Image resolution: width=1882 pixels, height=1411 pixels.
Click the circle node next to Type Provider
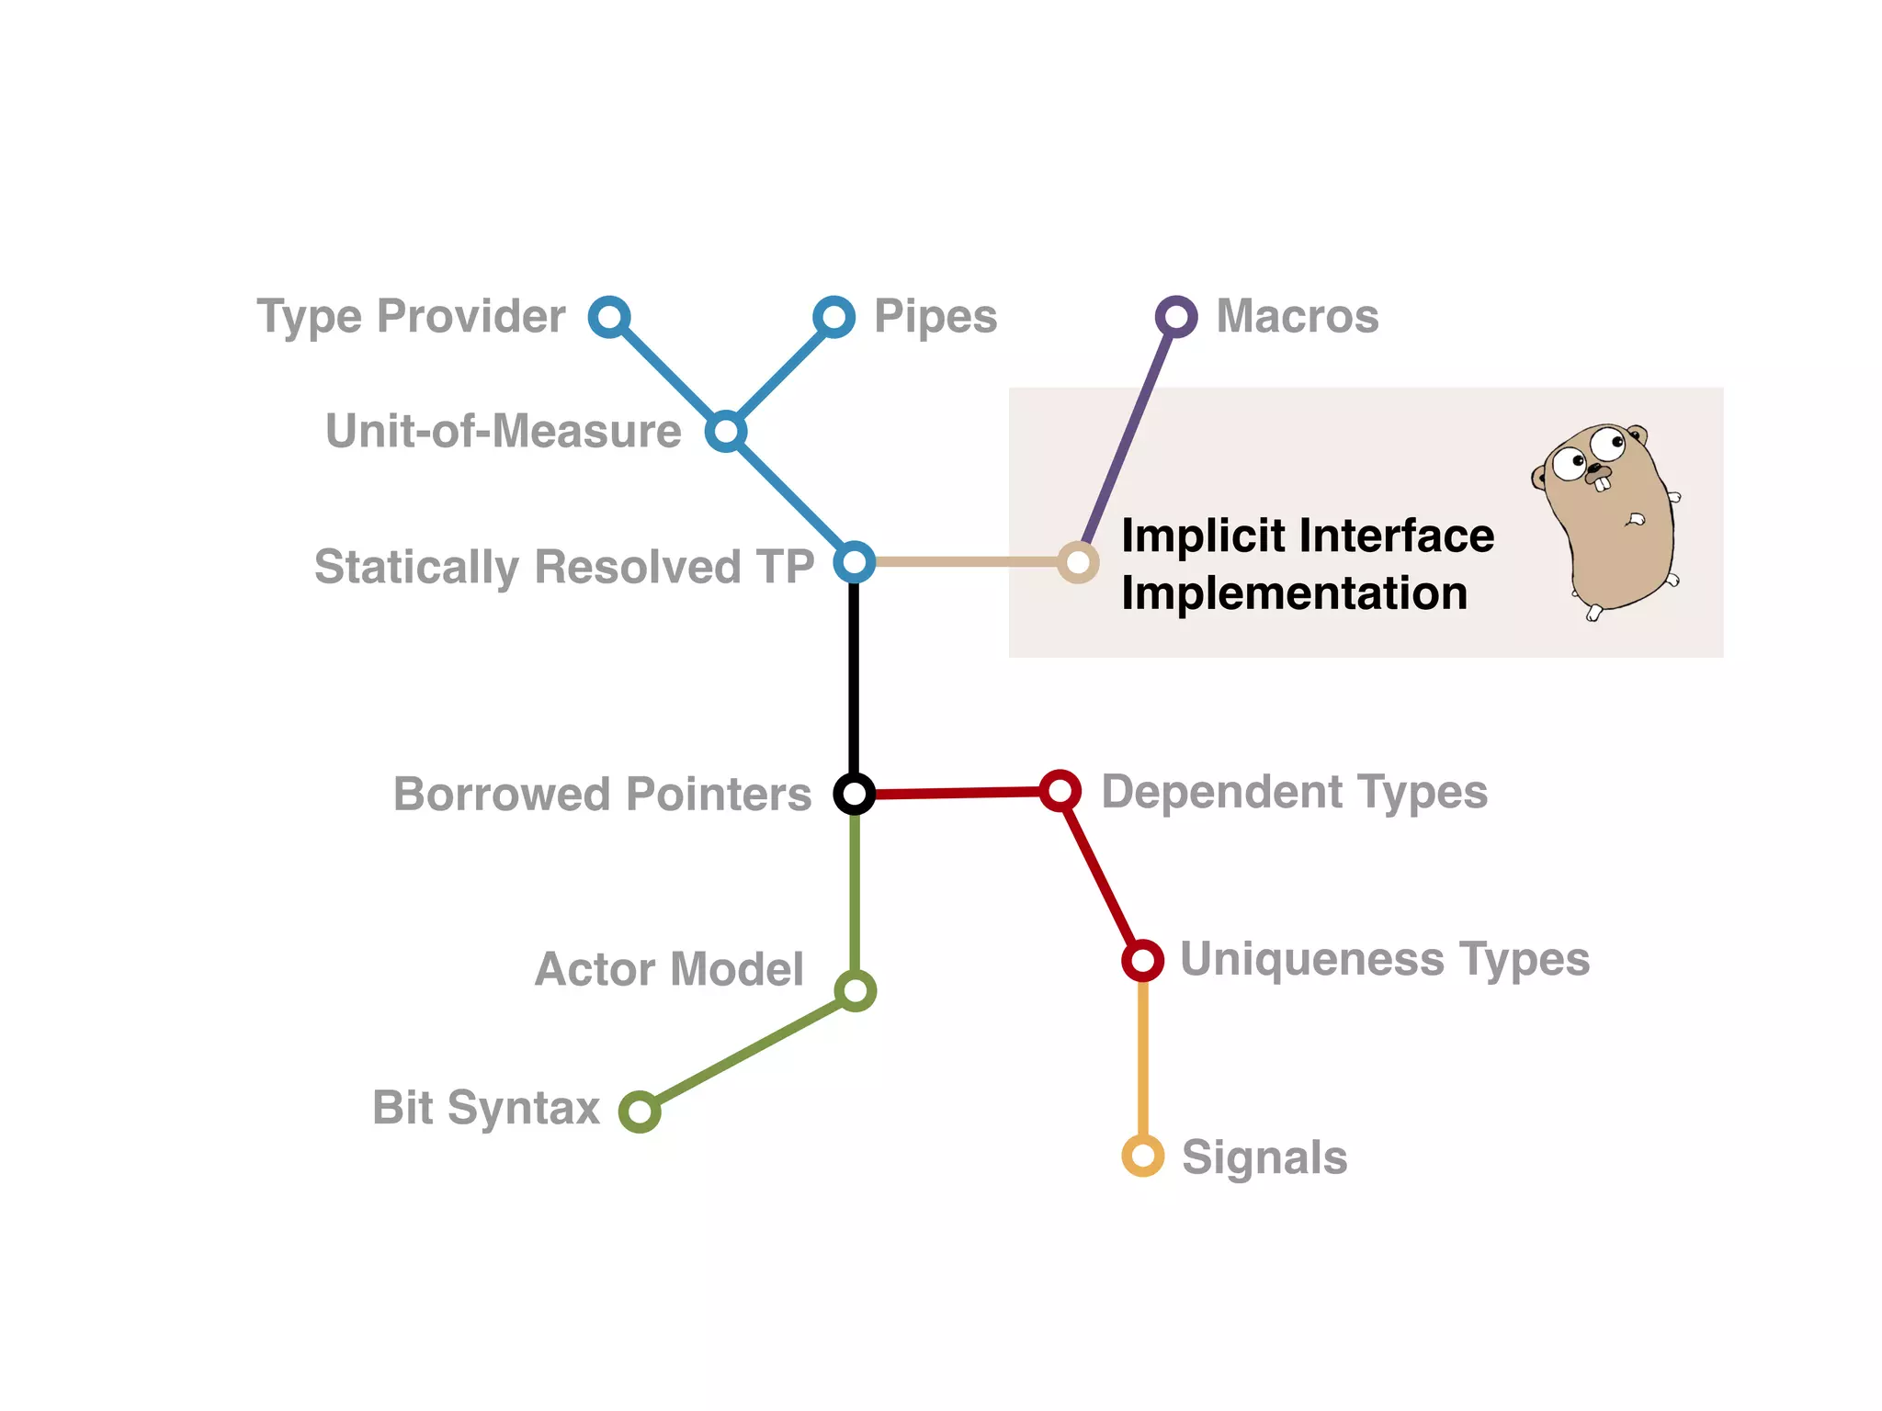pyautogui.click(x=609, y=318)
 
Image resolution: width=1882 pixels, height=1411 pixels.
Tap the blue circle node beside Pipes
pyautogui.click(x=833, y=318)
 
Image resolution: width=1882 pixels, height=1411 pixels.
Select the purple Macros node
pyautogui.click(x=1175, y=318)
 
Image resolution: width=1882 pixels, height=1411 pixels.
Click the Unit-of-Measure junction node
pyautogui.click(x=726, y=431)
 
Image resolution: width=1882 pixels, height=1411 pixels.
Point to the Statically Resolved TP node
pyautogui.click(x=855, y=561)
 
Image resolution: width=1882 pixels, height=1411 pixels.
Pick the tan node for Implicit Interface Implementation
pyautogui.click(x=1078, y=561)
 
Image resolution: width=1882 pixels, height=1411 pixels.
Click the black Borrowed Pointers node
pyautogui.click(x=855, y=793)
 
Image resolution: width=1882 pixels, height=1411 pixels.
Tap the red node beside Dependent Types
pyautogui.click(x=1060, y=790)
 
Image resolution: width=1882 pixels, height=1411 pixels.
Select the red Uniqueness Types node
pyautogui.click(x=1142, y=960)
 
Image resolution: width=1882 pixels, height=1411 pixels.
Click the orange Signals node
pyautogui.click(x=1143, y=1156)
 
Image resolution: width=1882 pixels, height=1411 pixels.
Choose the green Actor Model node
pyautogui.click(x=856, y=990)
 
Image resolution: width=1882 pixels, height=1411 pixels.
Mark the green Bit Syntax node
pyautogui.click(x=640, y=1112)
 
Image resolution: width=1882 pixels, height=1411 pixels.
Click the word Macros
pyautogui.click(x=1297, y=317)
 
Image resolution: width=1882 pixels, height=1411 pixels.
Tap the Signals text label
pyautogui.click(x=1264, y=1157)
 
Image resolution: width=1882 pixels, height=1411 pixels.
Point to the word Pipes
pyautogui.click(x=935, y=318)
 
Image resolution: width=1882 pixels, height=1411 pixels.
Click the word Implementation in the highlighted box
pyautogui.click(x=1294, y=593)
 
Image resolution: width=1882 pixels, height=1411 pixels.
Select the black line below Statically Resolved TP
pyautogui.click(x=855, y=680)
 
